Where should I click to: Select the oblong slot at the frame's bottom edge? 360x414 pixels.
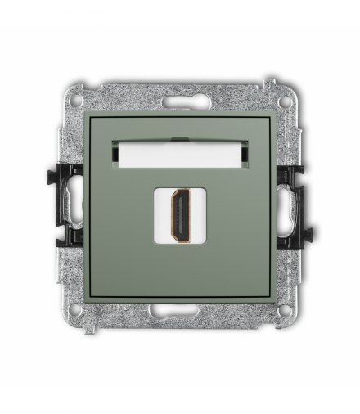[180, 311]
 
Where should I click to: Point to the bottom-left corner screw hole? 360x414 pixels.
[75, 311]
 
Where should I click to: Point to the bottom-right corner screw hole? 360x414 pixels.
[284, 311]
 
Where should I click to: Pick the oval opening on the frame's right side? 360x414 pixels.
[288, 208]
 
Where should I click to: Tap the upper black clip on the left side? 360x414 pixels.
[68, 175]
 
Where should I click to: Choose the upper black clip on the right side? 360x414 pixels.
[292, 175]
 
